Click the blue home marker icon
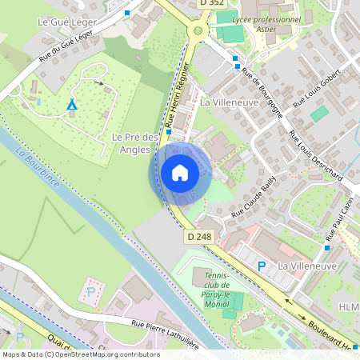[x=179, y=173]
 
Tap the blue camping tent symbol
[x=72, y=105]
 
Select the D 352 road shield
[x=211, y=3]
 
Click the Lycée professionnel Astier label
[x=266, y=23]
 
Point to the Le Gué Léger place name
[x=67, y=22]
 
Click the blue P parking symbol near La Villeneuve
[x=261, y=266]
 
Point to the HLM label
[x=349, y=308]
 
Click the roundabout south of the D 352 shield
[x=198, y=32]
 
